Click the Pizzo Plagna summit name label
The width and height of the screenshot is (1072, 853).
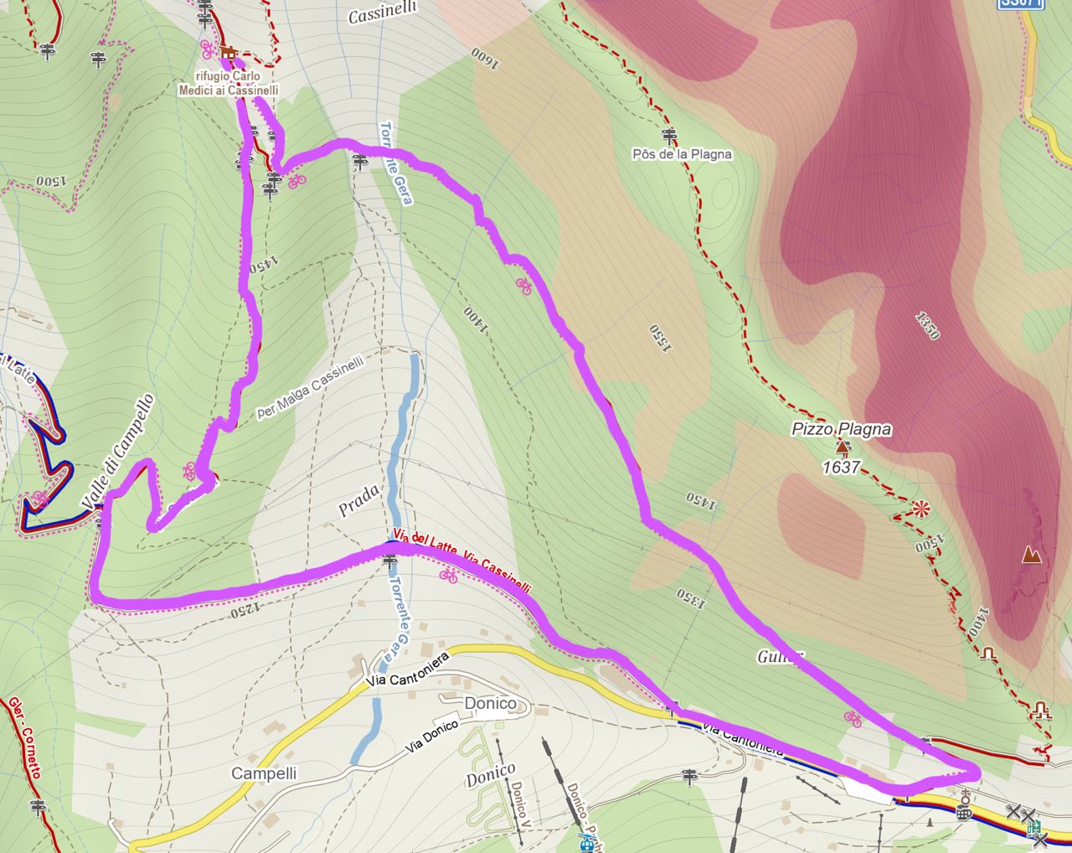(x=841, y=429)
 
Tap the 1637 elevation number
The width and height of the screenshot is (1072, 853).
(x=841, y=467)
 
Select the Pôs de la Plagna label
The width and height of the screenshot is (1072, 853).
(x=682, y=154)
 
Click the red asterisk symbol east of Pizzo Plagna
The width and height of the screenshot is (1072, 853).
(x=920, y=508)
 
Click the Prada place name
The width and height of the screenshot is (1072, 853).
(x=358, y=500)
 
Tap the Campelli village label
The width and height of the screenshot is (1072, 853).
(x=264, y=773)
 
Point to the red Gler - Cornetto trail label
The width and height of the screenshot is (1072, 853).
(x=24, y=737)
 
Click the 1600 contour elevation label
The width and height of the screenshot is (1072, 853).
(x=485, y=59)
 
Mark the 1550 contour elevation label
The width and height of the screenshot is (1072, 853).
(x=660, y=339)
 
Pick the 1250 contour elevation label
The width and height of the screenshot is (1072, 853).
(x=243, y=610)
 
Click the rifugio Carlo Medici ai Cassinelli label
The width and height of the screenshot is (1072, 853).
(x=228, y=83)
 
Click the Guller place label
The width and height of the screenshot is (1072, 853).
(x=781, y=656)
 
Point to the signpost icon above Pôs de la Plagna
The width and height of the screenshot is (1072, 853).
(x=668, y=135)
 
